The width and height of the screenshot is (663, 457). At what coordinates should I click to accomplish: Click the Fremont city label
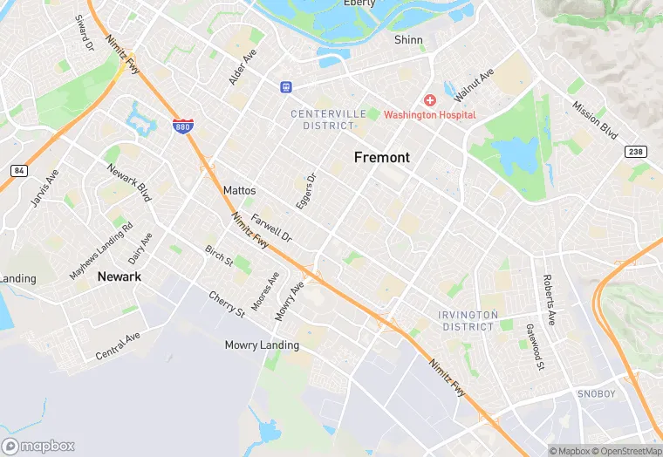(x=381, y=157)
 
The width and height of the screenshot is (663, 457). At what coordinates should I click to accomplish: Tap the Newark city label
(x=120, y=276)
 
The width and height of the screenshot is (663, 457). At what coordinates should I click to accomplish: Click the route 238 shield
(x=637, y=152)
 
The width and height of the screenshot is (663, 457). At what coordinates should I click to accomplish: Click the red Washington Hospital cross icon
(x=430, y=101)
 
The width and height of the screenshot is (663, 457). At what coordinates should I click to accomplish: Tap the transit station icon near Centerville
(x=285, y=87)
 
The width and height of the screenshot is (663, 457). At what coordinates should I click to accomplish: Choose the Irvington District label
(x=468, y=320)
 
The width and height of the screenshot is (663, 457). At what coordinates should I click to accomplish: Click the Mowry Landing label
(x=262, y=345)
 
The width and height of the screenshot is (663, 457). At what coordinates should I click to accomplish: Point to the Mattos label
(x=239, y=190)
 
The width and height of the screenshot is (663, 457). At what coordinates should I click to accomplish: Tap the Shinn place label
(x=408, y=40)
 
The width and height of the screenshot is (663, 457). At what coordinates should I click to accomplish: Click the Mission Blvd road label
(x=595, y=120)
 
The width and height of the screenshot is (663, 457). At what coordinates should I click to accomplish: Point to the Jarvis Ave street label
(x=44, y=188)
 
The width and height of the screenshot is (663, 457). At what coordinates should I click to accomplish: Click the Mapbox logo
(x=38, y=446)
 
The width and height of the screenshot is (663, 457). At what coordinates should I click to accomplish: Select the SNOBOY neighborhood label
(x=598, y=394)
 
